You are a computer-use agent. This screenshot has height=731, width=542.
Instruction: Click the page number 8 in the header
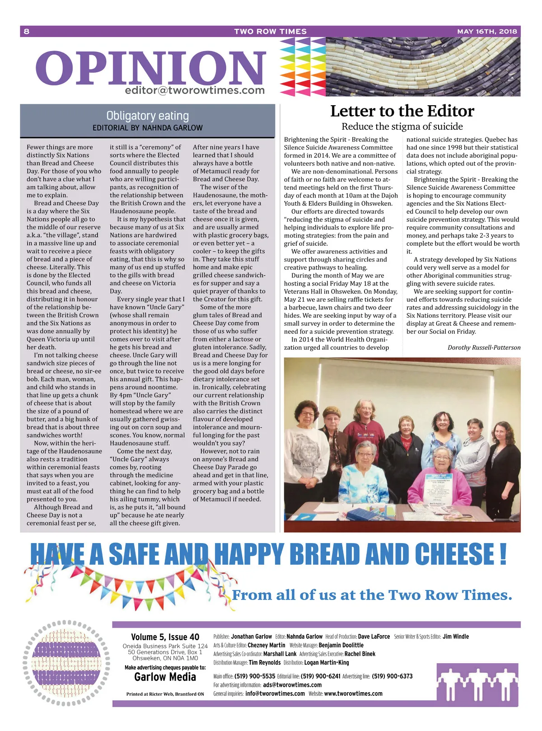point(27,31)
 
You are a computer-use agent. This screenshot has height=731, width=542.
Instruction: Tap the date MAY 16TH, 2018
point(487,31)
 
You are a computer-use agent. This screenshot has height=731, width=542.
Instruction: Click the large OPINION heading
point(150,68)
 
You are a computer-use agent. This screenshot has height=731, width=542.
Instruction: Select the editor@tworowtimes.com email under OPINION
point(195,90)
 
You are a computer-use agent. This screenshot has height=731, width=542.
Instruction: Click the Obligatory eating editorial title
point(147,116)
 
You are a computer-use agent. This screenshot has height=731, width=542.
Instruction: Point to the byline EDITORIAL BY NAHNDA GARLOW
point(147,128)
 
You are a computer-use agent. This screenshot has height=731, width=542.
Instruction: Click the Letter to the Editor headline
point(402,111)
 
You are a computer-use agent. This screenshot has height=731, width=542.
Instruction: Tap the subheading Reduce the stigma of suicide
point(402,127)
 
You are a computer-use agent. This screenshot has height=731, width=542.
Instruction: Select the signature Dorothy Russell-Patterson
point(484,347)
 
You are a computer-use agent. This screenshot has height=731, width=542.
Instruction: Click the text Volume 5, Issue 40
point(165,637)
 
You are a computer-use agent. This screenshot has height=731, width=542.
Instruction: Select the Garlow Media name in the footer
point(165,677)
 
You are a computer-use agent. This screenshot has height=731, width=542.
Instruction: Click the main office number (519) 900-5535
point(255,676)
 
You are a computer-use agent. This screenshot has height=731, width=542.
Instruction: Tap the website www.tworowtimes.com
point(353,694)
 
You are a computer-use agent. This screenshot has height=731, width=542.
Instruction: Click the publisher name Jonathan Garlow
point(251,637)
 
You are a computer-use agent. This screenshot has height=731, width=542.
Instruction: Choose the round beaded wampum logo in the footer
point(66,663)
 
